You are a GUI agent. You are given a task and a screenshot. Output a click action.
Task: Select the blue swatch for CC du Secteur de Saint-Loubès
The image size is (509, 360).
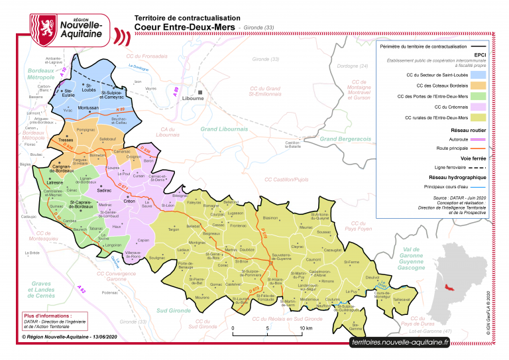[473, 75]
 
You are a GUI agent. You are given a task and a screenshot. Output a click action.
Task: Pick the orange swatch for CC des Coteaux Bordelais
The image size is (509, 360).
[473, 86]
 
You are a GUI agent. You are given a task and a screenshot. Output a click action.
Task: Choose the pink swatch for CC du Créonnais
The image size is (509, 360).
[473, 107]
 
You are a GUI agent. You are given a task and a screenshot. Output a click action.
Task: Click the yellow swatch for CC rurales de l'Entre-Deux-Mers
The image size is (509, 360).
[473, 117]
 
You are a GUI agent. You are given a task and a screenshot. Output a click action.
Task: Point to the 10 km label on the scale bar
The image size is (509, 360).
[306, 328]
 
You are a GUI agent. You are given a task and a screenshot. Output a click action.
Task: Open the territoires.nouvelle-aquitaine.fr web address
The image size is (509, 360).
[400, 342]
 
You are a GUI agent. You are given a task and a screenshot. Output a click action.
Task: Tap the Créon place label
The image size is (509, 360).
[129, 200]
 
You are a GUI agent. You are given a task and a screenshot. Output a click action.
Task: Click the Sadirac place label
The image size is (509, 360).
[104, 190]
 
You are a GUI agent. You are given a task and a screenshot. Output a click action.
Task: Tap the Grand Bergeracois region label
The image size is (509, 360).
[345, 139]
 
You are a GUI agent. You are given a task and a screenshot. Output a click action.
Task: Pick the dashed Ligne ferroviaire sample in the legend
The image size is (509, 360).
[473, 169]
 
